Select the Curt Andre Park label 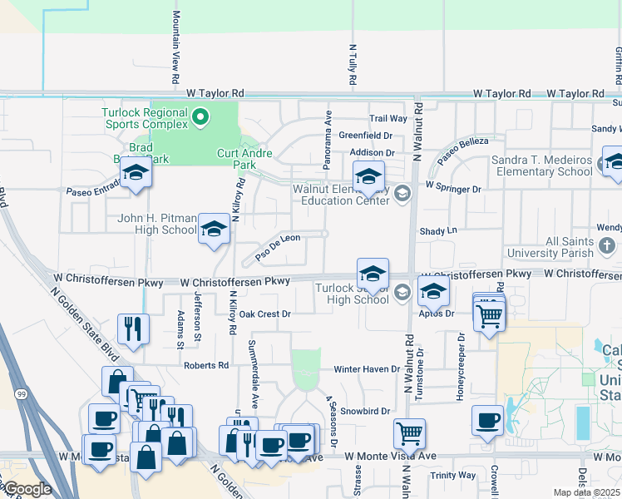(248, 159)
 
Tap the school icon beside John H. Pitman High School (214, 230)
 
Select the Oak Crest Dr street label (264, 314)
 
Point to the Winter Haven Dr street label (367, 368)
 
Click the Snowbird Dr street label (365, 411)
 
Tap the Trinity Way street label (453, 475)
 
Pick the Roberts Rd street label (206, 365)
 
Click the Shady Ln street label (439, 230)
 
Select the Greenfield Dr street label (365, 135)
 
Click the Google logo (27, 489)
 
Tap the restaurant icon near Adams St (133, 329)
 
